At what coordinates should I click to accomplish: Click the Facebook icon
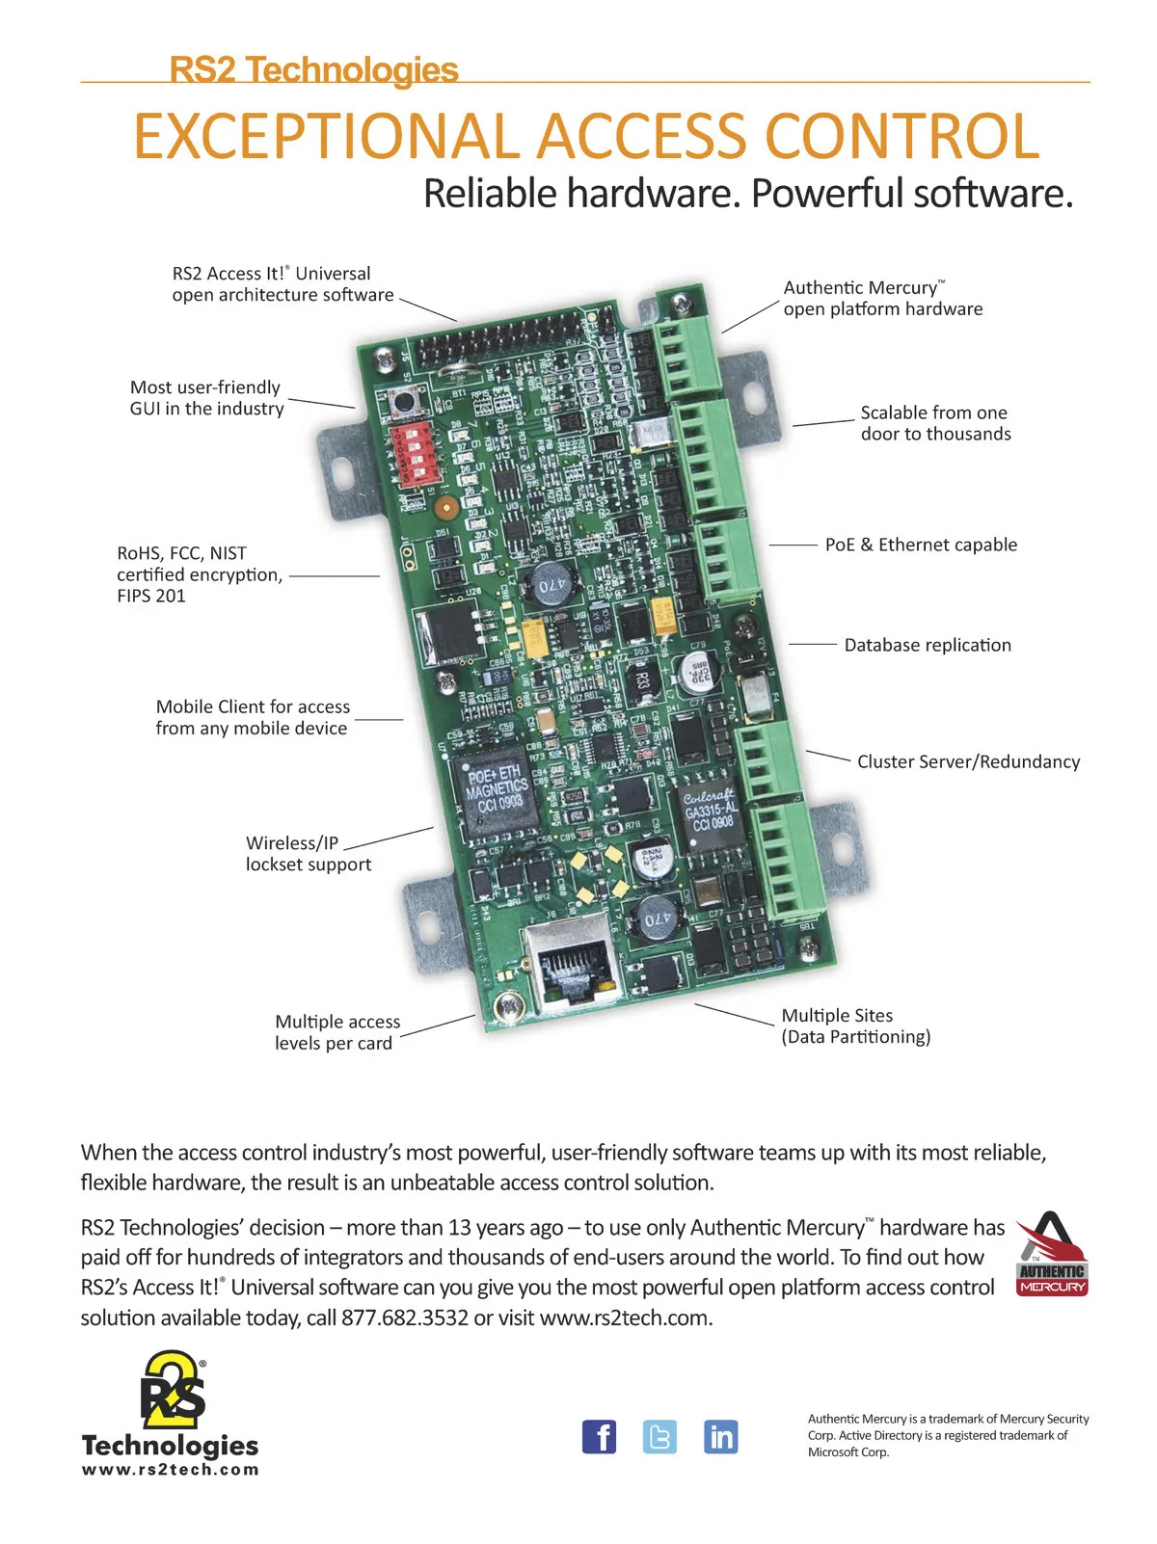pos(599,1437)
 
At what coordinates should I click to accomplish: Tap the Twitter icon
pos(659,1437)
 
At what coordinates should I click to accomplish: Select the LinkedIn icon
pos(720,1437)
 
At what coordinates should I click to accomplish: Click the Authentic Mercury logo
pos(1052,1254)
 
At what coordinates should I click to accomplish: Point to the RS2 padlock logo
pos(174,1390)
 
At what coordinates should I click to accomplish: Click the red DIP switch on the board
pos(417,450)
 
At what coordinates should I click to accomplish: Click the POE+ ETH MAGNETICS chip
pos(496,787)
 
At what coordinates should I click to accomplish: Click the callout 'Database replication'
pos(928,645)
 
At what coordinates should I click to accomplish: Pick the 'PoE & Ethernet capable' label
pos(921,545)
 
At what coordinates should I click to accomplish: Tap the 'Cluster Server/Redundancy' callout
pos(968,761)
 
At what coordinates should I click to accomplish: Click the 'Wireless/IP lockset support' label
pos(308,854)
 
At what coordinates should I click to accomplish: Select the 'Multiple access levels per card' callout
pos(336,1032)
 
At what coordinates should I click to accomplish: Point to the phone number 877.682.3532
pos(405,1318)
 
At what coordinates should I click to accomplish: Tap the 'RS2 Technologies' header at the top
pos(313,70)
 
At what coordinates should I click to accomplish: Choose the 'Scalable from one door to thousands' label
pos(935,423)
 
